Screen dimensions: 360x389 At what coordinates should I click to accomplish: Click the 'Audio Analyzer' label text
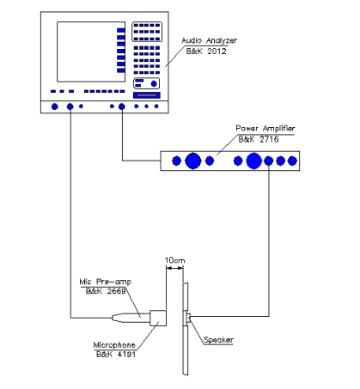click(x=210, y=40)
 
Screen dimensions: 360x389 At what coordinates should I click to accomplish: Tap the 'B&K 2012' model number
click(x=206, y=52)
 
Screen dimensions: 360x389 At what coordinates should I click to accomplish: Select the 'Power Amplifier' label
click(x=265, y=128)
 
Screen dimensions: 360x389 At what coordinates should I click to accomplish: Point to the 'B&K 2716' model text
click(x=259, y=139)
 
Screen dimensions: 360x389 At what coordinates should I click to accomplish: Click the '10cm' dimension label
click(x=174, y=260)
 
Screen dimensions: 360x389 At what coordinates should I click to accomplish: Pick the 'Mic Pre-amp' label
click(x=106, y=282)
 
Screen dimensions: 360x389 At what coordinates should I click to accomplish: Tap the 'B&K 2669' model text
click(x=106, y=291)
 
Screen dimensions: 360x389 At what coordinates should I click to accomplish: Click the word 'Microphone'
click(x=114, y=345)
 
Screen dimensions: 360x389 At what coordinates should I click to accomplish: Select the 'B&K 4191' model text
click(x=116, y=355)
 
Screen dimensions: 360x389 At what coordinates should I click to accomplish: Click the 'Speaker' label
click(x=218, y=340)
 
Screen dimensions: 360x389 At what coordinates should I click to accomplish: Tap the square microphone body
click(x=158, y=318)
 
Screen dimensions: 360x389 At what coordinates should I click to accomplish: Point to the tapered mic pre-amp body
click(x=131, y=318)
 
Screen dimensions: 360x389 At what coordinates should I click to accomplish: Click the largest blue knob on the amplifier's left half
click(x=193, y=161)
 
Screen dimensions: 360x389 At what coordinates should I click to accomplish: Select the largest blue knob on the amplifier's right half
click(x=254, y=161)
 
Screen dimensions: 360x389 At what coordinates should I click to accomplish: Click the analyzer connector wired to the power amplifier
click(x=122, y=106)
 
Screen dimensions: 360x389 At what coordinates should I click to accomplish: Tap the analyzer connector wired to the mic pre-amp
click(x=70, y=106)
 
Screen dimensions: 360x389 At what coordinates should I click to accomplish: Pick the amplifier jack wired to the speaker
click(x=269, y=161)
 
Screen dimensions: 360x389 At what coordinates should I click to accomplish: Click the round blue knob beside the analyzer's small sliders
click(x=154, y=84)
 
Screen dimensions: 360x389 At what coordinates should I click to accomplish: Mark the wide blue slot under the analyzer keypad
click(x=147, y=95)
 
